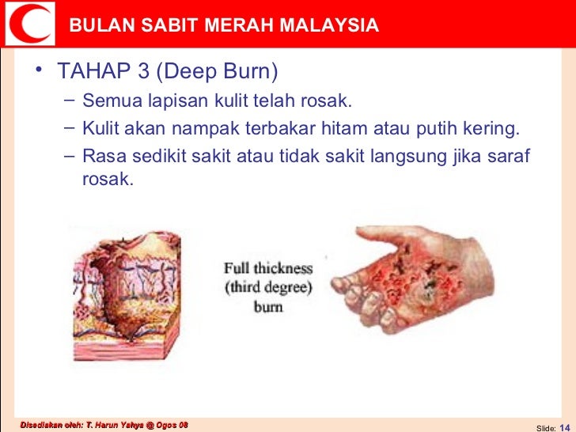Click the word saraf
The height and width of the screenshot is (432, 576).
coord(511,154)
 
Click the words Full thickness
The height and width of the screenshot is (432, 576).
coord(268,268)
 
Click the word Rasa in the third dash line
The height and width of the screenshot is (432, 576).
coord(100,154)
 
